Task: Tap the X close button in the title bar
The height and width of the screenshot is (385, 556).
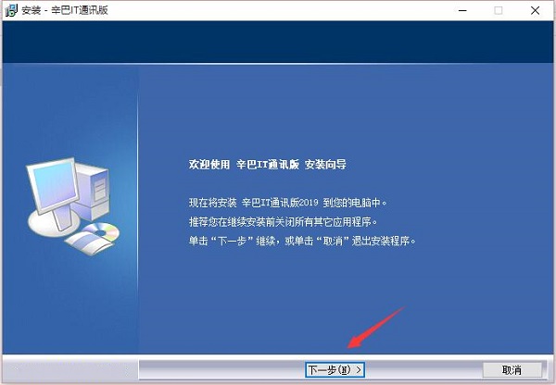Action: tap(535, 10)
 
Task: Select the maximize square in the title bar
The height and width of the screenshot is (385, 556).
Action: tap(499, 10)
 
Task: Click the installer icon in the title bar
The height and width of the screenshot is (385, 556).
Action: tap(10, 10)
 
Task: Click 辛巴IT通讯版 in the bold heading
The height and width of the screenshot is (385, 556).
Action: tap(266, 165)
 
